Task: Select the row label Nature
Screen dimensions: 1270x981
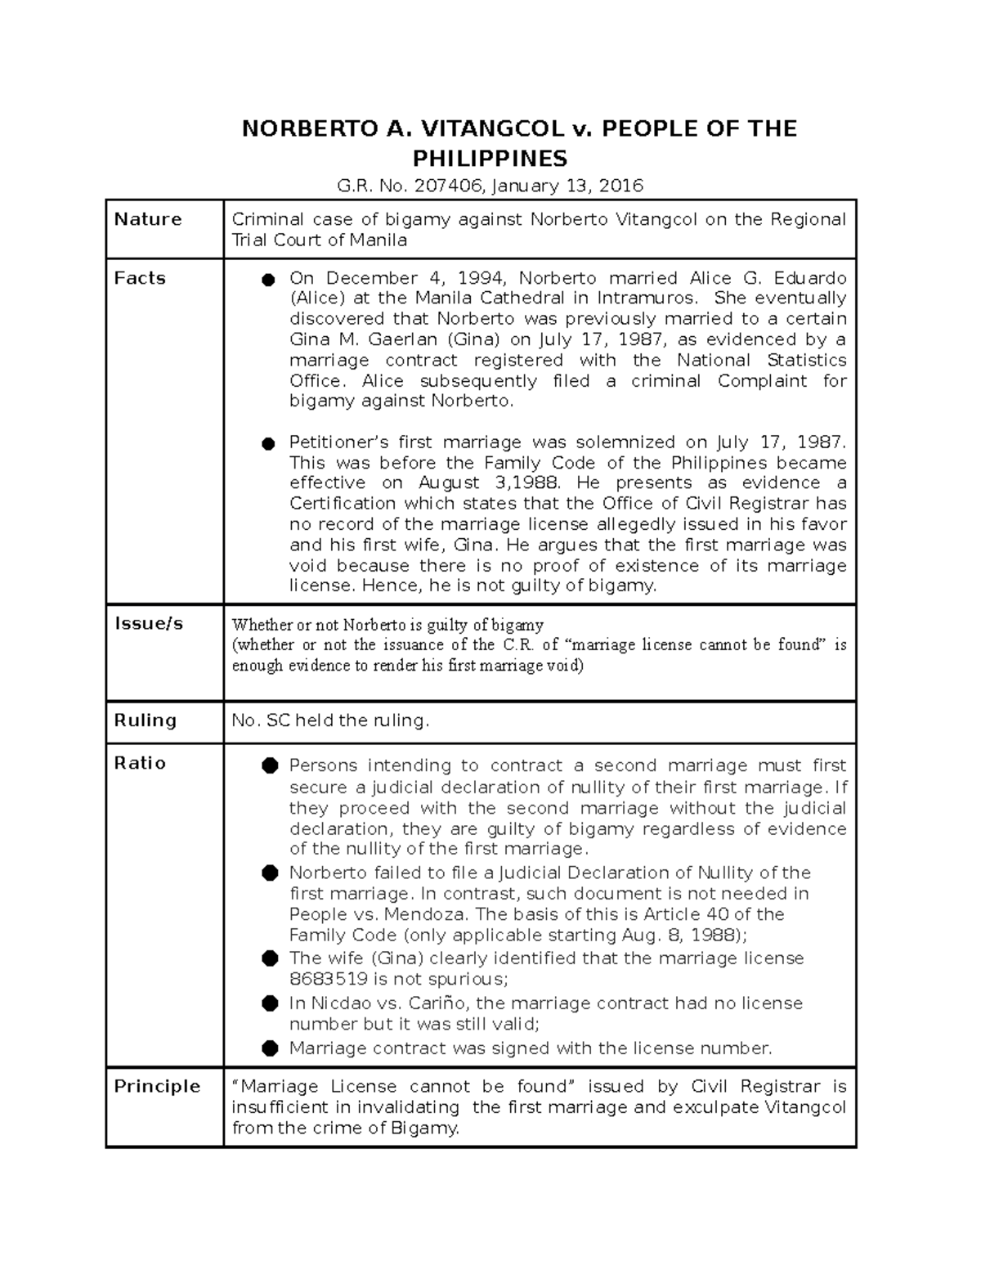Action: tap(148, 219)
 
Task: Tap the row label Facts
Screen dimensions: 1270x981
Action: tap(140, 278)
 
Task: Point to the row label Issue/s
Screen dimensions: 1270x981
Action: tap(149, 624)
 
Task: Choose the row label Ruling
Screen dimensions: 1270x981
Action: tap(146, 720)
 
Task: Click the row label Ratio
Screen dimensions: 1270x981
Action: tap(140, 763)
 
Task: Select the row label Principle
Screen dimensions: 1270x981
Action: tap(157, 1086)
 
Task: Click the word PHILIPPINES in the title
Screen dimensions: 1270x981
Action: tap(490, 158)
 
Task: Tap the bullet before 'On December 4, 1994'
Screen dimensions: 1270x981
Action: tap(268, 280)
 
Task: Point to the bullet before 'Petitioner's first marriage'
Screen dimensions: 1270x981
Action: tap(268, 444)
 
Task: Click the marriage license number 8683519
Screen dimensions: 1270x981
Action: tap(328, 979)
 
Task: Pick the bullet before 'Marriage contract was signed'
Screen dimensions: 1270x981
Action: tap(270, 1048)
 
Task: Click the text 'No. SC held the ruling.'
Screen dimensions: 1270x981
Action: tap(330, 720)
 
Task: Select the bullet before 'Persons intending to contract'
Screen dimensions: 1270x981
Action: tap(270, 766)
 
